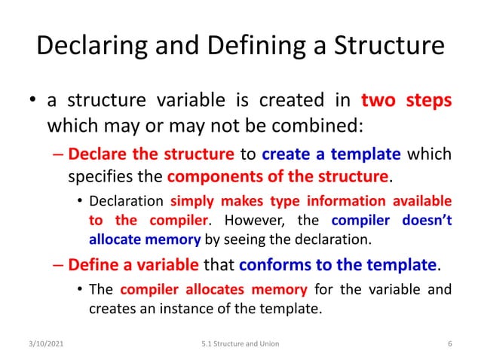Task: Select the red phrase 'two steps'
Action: coord(406,100)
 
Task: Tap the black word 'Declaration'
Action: coord(127,202)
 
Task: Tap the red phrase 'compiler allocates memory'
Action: coord(213,289)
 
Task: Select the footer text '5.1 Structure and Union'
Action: coord(240,344)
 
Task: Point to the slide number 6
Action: coord(449,344)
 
